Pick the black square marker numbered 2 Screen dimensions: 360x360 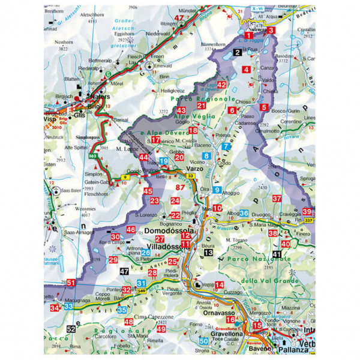coord(238,53)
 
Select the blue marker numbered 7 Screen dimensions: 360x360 coord(226,146)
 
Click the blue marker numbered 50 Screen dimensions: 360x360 coord(205,341)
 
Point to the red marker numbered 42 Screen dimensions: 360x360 coord(221,85)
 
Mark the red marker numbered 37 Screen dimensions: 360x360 coord(276,199)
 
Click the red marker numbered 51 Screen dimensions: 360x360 coord(70,283)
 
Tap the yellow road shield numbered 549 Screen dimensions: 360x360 coord(142,291)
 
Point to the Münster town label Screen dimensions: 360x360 coord(188,10)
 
